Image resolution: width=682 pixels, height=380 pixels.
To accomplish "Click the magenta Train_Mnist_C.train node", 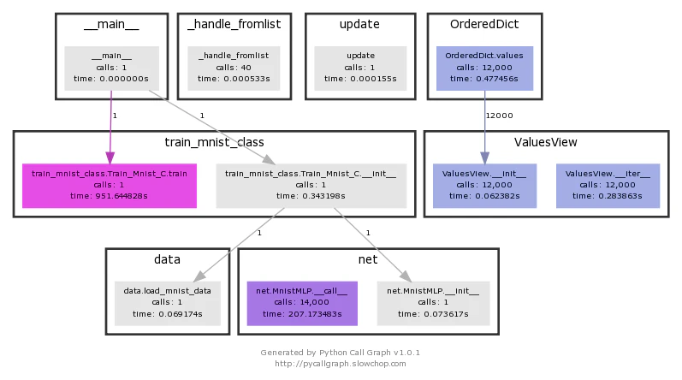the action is coord(110,186).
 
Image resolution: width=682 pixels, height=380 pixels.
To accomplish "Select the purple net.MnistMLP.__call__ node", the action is coord(302,304).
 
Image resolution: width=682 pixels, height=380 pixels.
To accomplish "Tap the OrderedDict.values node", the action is coord(484,68).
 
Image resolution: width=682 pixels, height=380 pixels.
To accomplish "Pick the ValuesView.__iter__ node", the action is coord(608,186).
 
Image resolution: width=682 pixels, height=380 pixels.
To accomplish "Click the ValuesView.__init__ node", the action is coord(484,186).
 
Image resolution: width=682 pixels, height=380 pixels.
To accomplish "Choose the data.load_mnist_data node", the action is coord(168,304).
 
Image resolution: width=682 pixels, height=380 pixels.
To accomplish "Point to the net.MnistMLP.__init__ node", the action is coord(433,304).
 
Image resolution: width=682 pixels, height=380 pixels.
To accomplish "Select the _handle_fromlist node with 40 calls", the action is coord(234,68).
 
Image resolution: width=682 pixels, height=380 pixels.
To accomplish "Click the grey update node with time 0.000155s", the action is coord(360,68).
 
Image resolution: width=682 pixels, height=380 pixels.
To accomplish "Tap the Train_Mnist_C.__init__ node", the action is coord(311,186).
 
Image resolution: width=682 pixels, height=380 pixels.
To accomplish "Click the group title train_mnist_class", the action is coord(215,142).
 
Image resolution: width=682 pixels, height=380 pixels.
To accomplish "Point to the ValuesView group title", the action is coord(546,142).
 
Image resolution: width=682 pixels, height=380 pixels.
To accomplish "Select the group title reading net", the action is coord(368,259).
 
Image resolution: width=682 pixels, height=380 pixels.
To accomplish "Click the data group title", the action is coord(167,259).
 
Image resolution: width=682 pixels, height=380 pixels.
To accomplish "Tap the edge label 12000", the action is coord(500,116).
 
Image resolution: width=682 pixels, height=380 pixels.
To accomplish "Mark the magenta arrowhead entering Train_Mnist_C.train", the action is coord(110,157).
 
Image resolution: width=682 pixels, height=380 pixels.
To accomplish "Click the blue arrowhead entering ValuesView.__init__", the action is coord(485,157).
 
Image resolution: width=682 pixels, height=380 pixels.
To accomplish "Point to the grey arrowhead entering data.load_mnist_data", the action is coord(199,276).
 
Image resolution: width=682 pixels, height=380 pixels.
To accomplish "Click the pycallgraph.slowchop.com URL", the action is coord(340,364).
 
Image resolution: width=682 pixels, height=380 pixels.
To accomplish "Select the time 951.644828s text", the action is coord(109,196).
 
